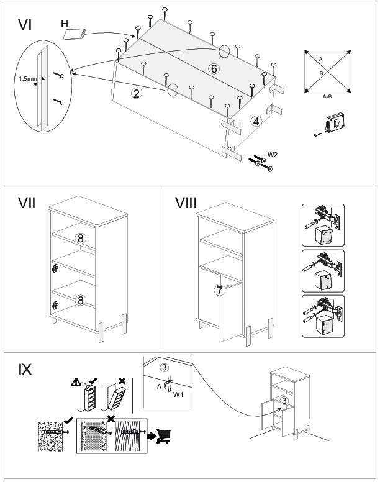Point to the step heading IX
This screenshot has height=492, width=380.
[25, 369]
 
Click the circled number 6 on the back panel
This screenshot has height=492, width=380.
[214, 69]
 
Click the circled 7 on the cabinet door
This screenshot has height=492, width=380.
[219, 290]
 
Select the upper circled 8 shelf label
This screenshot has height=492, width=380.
[80, 238]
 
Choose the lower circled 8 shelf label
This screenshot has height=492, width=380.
[80, 300]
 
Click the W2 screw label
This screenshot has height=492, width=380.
[273, 154]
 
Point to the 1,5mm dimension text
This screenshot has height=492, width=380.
[27, 79]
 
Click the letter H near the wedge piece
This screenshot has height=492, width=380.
[65, 24]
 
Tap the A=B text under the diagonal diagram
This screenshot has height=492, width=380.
[330, 97]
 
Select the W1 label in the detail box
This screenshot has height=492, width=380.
[178, 394]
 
